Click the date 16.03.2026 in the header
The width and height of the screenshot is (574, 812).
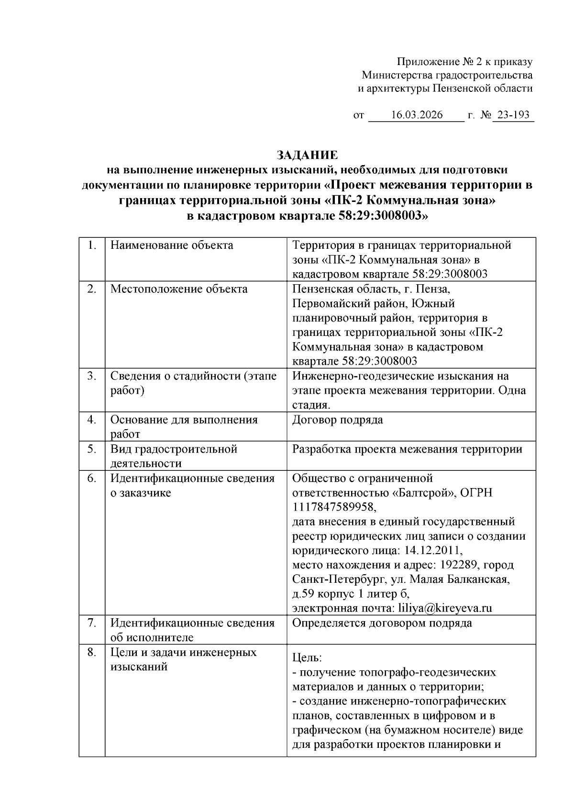[x=417, y=115]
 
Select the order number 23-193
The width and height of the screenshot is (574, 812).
[x=513, y=115]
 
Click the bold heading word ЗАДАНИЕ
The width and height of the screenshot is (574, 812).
[x=308, y=155]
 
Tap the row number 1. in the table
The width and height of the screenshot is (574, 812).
[x=92, y=245]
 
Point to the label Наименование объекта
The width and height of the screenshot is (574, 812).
[x=172, y=245]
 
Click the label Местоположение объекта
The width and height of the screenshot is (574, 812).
[x=179, y=289]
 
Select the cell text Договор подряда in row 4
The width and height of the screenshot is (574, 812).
[x=337, y=420]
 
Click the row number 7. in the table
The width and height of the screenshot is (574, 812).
[x=92, y=623]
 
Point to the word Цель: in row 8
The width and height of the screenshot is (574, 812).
[x=307, y=658]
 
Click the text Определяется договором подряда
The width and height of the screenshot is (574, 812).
[x=382, y=623]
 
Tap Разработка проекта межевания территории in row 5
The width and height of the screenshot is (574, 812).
[x=407, y=449]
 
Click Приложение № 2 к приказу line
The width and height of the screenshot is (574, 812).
[x=464, y=62]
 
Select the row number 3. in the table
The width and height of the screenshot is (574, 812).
[x=92, y=376]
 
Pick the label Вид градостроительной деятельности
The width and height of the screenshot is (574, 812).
[x=174, y=456]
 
